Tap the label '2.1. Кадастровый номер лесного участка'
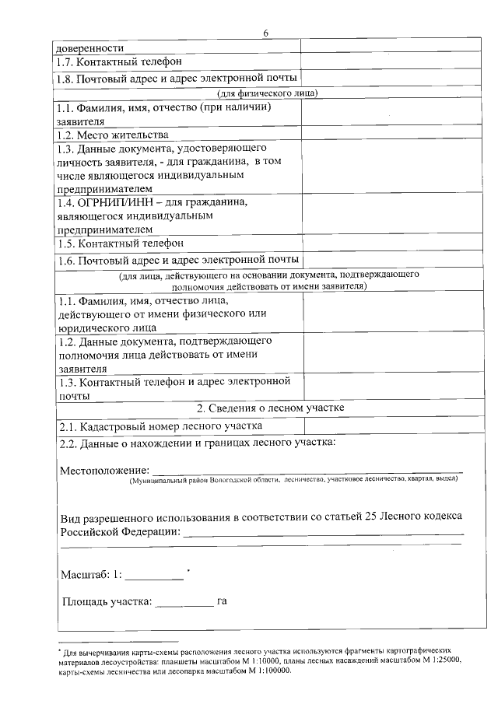pyautogui.click(x=161, y=426)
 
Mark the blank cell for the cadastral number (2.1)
pyautogui.click(x=384, y=426)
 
